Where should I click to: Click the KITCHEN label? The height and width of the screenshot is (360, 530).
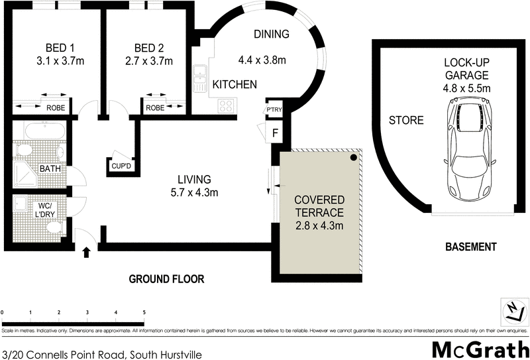coord(234,84)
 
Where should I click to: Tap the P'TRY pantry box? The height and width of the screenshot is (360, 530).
coord(274,109)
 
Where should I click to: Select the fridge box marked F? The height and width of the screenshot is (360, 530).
coord(274,132)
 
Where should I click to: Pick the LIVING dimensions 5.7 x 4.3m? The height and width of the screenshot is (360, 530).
coord(193,193)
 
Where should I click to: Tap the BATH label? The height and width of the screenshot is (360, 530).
coord(50,169)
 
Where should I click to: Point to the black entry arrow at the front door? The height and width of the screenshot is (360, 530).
coord(85,251)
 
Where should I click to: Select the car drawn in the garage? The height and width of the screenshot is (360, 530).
coord(468,145)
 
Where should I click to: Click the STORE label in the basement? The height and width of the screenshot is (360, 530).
coord(405,121)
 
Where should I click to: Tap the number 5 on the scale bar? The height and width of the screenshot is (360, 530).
coord(144,312)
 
